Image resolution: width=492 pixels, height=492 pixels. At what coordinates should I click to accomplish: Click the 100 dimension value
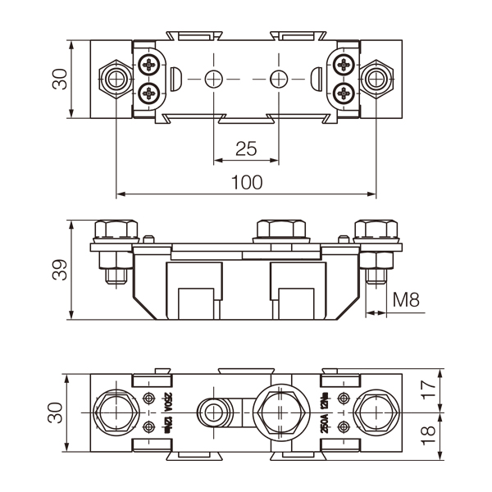246,182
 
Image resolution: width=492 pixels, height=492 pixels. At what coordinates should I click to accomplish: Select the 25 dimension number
246,148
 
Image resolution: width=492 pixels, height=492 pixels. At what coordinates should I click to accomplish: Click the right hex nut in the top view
376,79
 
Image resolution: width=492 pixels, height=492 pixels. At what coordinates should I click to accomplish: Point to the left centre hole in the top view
213,79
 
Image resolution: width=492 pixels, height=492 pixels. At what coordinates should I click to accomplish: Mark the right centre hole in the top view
279,79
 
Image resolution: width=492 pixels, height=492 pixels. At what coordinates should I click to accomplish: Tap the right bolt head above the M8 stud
376,230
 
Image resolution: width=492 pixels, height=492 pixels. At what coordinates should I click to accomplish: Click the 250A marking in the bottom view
325,424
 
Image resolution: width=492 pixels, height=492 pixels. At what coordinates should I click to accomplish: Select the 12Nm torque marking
325,399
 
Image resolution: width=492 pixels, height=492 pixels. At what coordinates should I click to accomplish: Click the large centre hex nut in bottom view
279,412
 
